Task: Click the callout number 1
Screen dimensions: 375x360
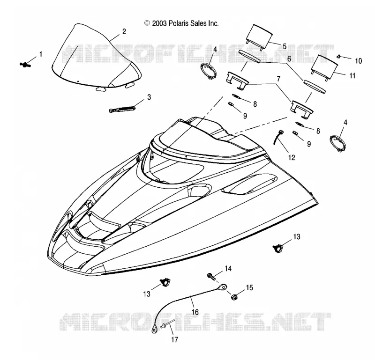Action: point(41,54)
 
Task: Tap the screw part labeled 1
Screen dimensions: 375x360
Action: point(25,64)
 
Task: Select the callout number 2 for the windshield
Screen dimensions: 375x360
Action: point(124,31)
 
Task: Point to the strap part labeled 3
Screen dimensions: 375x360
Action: point(122,109)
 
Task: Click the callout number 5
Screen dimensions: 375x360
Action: point(285,46)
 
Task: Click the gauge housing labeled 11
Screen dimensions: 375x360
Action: point(324,67)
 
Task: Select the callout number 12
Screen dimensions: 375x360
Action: point(292,157)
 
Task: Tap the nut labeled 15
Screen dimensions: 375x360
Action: point(234,297)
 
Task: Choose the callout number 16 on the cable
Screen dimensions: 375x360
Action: point(195,312)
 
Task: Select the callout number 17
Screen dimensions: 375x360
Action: point(174,339)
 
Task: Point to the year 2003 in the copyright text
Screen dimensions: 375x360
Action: point(159,23)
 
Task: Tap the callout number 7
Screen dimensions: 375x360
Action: point(278,79)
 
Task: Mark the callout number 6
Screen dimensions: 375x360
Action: point(289,59)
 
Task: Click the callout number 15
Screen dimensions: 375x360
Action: point(249,287)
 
